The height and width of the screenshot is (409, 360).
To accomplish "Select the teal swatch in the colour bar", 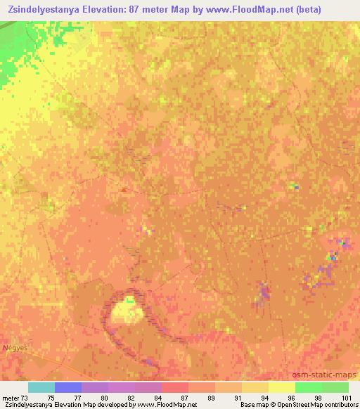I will tap(41, 387).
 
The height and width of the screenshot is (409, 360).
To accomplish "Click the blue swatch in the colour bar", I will tap(67, 387).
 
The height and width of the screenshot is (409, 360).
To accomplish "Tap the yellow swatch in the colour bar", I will tap(281, 387).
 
